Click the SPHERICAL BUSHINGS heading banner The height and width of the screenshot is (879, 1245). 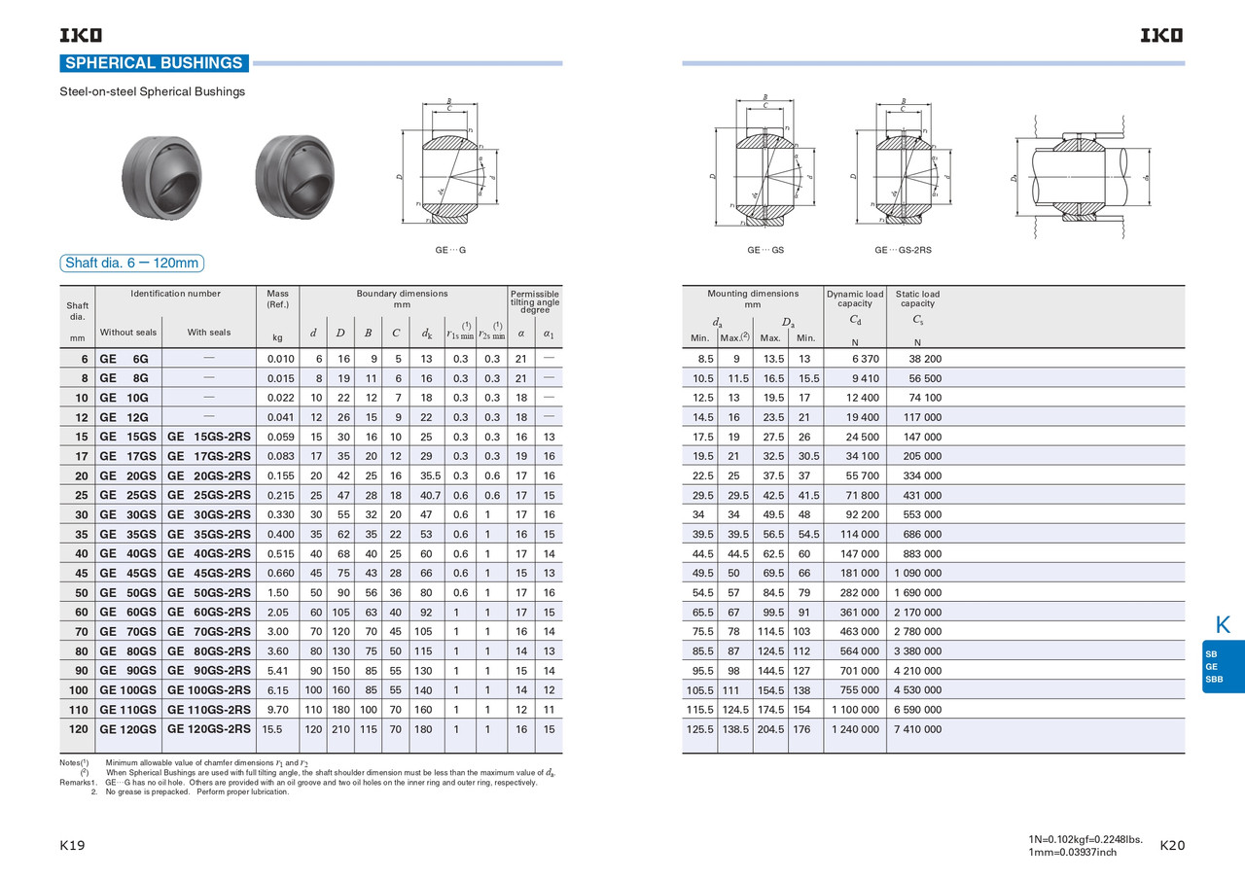point(154,63)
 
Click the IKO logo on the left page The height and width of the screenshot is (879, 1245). point(81,35)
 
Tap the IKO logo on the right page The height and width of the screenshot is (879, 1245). point(1162,35)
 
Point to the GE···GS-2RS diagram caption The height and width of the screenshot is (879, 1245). point(902,251)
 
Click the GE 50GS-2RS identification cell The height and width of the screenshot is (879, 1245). point(208,592)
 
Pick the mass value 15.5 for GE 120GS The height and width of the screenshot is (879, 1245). point(272,728)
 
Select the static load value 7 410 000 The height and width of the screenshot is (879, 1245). point(917,729)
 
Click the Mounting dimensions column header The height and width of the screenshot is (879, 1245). point(752,299)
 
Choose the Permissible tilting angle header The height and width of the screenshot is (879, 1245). point(534,301)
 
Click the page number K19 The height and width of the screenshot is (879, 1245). point(73,846)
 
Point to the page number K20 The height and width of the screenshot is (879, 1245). point(1172,846)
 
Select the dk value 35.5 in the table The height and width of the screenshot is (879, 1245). point(426,475)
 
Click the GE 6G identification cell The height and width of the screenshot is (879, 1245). point(124,359)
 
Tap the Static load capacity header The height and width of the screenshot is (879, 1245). point(917,299)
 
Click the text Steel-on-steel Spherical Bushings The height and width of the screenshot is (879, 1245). point(153,92)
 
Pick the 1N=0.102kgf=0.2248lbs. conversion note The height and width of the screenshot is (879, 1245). point(1085,838)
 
